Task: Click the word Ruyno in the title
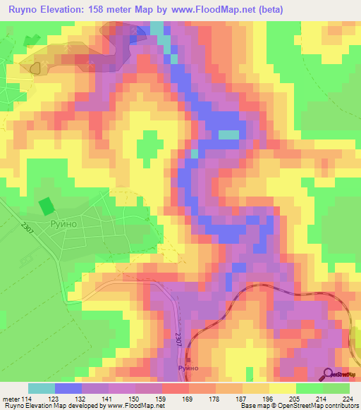click(x=23, y=11)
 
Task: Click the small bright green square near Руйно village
click(x=46, y=206)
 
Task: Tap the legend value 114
click(x=27, y=398)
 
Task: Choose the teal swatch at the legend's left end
click(x=41, y=388)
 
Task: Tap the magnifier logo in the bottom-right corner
click(x=329, y=375)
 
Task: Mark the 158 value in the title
click(x=106, y=11)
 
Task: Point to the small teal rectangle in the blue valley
click(x=228, y=135)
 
